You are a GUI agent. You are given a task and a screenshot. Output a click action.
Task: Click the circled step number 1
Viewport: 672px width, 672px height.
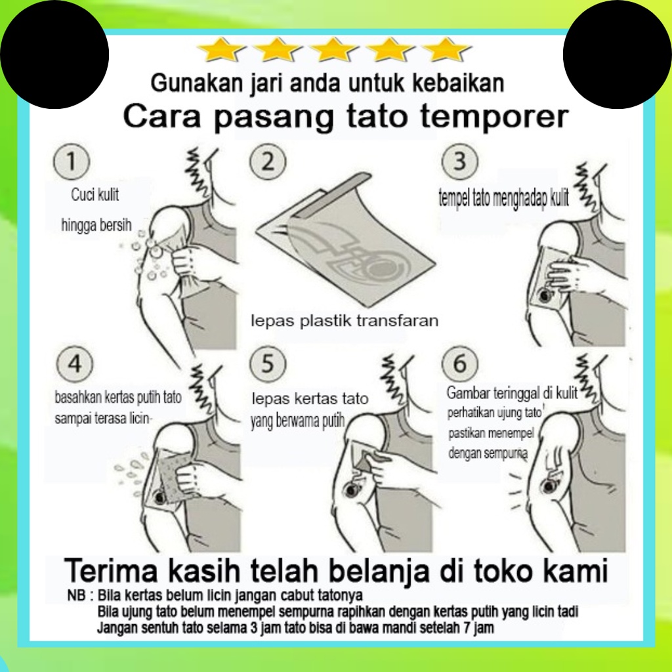point(72,161)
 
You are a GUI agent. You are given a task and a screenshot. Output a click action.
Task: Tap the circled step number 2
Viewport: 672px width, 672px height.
point(268,161)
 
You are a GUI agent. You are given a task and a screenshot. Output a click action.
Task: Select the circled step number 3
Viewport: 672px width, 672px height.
point(460,161)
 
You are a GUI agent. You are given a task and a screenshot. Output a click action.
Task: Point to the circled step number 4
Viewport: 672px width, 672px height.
point(75,364)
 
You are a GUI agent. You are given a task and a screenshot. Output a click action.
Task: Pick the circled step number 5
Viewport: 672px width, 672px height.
point(268,364)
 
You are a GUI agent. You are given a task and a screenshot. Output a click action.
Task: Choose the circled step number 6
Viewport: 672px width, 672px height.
point(460,364)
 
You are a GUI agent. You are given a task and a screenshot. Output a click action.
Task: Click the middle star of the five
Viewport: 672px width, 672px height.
point(334,50)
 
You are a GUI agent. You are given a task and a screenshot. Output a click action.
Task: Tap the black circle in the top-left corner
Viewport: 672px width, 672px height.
point(54,54)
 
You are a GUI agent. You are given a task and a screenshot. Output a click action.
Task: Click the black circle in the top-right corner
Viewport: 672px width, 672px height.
point(618,54)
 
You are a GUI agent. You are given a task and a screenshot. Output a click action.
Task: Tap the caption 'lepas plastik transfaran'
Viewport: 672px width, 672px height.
point(345,320)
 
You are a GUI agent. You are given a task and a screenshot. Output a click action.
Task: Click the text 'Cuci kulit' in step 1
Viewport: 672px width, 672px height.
point(95,194)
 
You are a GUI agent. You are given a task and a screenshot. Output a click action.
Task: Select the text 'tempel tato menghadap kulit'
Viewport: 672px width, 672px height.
point(504,198)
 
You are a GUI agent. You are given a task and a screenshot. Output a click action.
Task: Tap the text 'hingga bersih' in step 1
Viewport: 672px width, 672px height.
point(96,225)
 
